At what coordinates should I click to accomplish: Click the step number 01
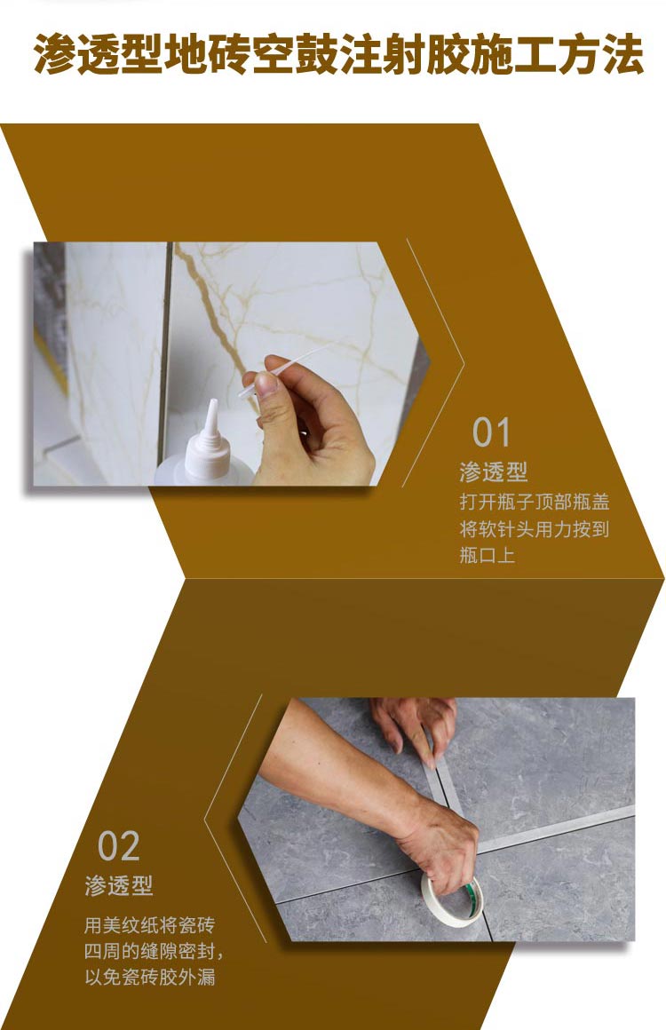[x=491, y=432]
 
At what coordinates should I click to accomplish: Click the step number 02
[x=119, y=846]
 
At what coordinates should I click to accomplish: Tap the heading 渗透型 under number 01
[x=493, y=471]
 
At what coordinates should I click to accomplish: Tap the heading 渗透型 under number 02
[x=119, y=885]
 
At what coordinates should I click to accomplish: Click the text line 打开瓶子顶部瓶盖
[x=534, y=501]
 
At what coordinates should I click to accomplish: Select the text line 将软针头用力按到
[x=534, y=529]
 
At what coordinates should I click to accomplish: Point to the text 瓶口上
[x=487, y=557]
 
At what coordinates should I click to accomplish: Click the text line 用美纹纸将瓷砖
[x=149, y=925]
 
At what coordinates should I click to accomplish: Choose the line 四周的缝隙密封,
[x=154, y=952]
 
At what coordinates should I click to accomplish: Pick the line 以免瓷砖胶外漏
[x=149, y=979]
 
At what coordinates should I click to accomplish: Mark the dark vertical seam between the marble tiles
[x=164, y=355]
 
